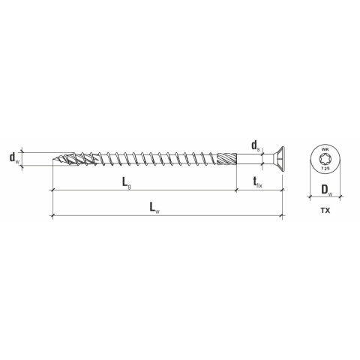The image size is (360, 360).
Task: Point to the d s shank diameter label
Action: tap(256, 145)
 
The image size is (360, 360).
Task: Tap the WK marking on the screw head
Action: tap(325, 150)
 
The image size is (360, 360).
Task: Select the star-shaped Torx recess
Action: tap(325, 159)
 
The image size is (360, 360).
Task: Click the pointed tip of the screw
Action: tap(54, 159)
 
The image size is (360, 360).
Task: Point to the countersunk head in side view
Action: tap(274, 159)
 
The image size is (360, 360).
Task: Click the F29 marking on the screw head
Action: tap(325, 169)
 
